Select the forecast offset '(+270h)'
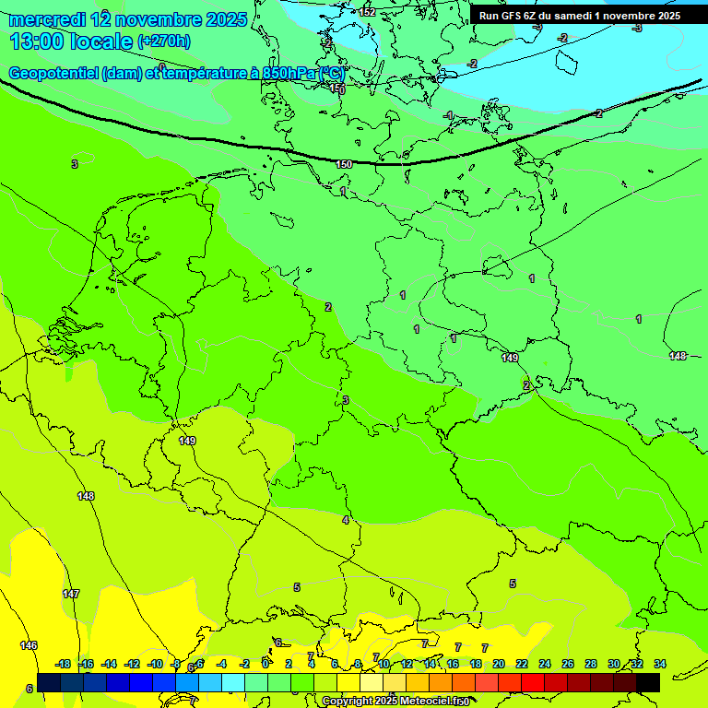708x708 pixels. click(x=164, y=41)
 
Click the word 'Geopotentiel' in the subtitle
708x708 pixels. click(x=53, y=73)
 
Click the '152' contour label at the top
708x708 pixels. click(x=367, y=12)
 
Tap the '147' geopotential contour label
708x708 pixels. click(x=71, y=594)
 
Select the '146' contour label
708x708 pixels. click(x=29, y=645)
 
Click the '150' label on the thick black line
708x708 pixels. click(x=344, y=164)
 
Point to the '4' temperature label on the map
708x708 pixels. click(x=346, y=520)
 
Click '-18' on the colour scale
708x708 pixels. click(x=64, y=664)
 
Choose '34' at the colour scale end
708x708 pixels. click(x=660, y=664)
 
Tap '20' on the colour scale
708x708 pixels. click(x=499, y=664)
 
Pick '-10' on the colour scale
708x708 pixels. click(x=155, y=664)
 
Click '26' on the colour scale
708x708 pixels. click(x=568, y=664)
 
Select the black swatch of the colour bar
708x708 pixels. click(x=648, y=683)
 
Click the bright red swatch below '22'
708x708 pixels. click(x=533, y=683)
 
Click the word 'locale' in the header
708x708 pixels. click(x=100, y=41)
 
